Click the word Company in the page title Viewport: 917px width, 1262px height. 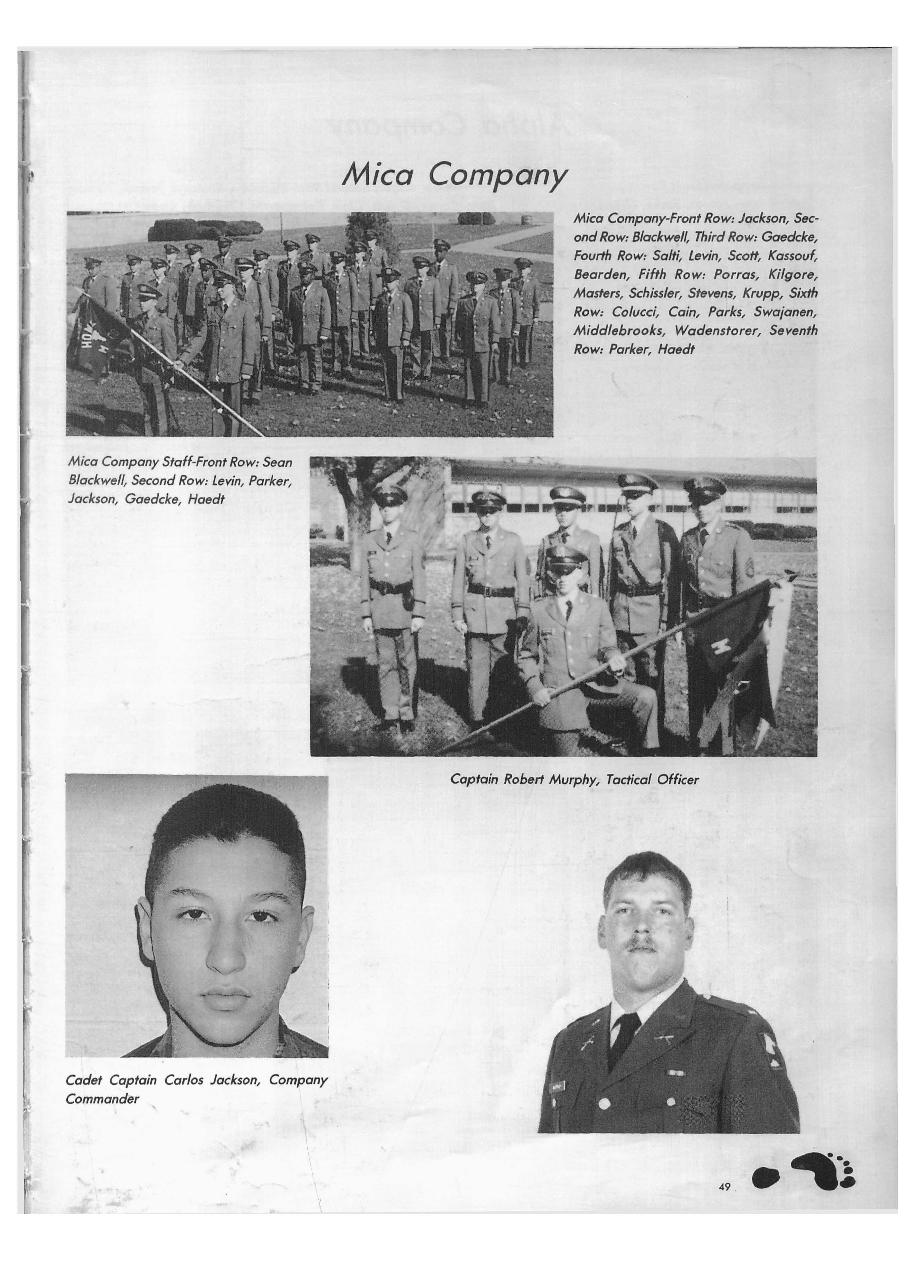click(498, 177)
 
